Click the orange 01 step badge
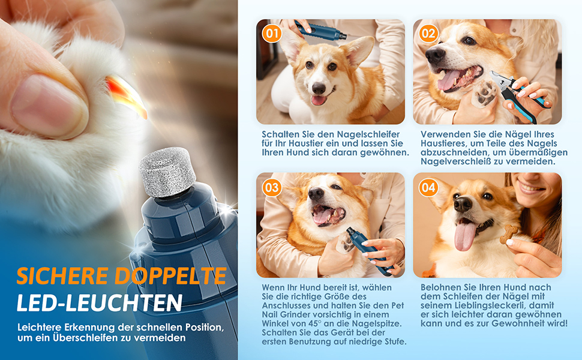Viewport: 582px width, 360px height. (272, 34)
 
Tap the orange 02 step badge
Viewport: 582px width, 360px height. (428, 34)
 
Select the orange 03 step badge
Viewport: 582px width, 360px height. (272, 187)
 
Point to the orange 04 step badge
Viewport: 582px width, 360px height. (428, 187)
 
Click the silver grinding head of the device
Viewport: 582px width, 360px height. (167, 172)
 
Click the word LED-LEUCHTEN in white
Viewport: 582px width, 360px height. (100, 303)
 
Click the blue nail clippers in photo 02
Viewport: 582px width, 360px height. (519, 96)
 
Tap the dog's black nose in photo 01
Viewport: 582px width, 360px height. (319, 88)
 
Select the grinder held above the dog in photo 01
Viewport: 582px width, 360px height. (320, 31)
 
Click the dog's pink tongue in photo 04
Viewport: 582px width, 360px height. (465, 234)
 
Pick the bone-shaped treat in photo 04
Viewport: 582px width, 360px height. (509, 235)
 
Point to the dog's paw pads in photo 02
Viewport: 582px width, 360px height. (484, 93)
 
